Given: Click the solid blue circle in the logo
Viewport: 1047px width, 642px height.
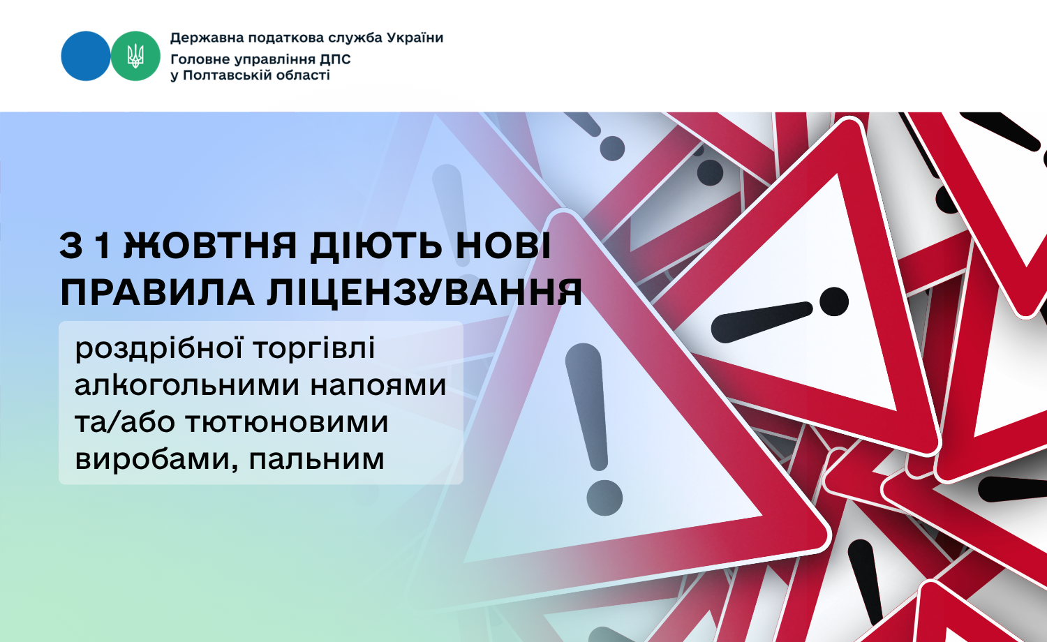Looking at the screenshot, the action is pos(86,56).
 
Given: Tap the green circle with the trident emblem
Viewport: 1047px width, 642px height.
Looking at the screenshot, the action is pos(135,56).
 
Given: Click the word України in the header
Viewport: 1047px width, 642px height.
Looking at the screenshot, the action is pos(415,38).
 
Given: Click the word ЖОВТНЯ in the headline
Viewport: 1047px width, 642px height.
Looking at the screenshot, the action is pos(210,246).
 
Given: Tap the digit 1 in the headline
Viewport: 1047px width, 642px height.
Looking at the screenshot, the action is pos(103,246).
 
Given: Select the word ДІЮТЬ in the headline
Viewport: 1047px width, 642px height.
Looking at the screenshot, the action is pos(376,246).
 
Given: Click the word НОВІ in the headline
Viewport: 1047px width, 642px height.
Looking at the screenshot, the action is pos(503,246).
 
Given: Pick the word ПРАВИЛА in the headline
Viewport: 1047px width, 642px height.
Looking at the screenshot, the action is pos(157,293).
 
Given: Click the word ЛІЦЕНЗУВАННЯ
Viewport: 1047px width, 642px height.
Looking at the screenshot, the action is pos(424,293).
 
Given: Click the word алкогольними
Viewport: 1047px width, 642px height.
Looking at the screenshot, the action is pos(187,386).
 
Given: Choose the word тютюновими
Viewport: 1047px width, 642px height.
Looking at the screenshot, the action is pos(286,422).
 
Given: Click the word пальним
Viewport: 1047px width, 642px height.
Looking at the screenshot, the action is pos(316,459).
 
